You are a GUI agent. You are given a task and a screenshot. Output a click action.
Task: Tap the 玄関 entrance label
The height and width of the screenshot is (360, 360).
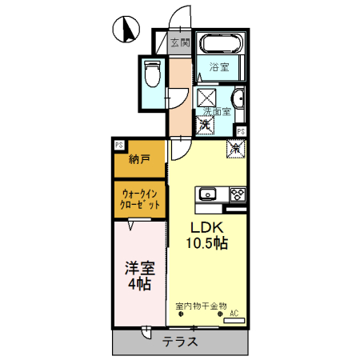pyautogui.click(x=180, y=42)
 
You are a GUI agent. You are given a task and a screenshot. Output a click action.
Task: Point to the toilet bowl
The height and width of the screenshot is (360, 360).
pyautogui.click(x=154, y=75)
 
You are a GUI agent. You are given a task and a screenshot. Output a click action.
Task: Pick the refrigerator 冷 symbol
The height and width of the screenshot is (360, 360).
pyautogui.click(x=236, y=147)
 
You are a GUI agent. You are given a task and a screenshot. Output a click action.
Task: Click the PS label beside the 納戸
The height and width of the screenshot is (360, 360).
pyautogui.click(x=118, y=145)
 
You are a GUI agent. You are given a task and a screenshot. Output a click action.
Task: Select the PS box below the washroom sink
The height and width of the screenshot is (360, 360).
pyautogui.click(x=240, y=131)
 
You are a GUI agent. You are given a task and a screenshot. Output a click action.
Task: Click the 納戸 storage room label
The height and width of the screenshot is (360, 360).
pyautogui.click(x=139, y=159)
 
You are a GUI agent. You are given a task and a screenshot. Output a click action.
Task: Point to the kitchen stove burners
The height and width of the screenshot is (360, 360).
pyautogui.click(x=238, y=194)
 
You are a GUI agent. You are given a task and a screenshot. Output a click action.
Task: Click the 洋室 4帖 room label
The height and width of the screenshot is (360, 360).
pyautogui.click(x=138, y=277)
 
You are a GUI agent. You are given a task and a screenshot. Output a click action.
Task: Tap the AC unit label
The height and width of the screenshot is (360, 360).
pyautogui.click(x=234, y=314)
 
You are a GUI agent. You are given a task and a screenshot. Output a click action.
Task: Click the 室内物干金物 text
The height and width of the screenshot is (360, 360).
pyautogui.click(x=201, y=305)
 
